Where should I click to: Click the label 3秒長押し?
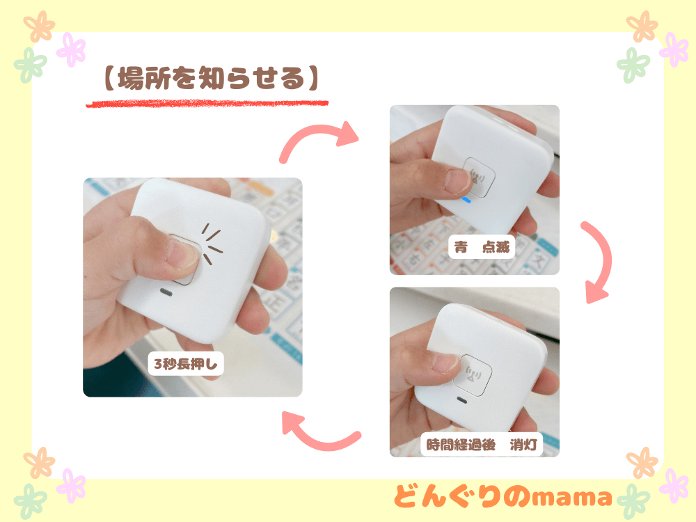click(x=185, y=363)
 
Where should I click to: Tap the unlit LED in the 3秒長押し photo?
click(x=167, y=292)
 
